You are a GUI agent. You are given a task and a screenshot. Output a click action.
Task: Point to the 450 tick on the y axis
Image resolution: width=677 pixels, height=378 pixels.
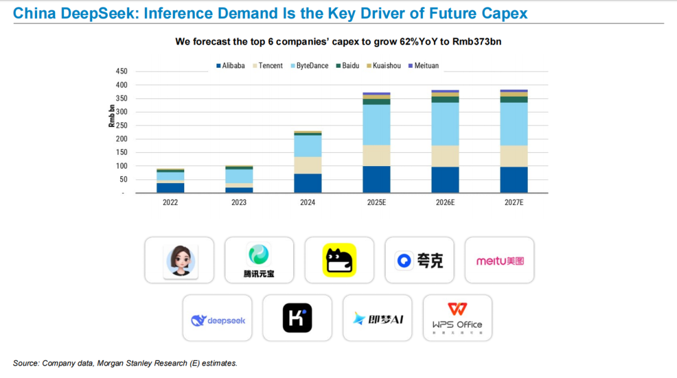(121, 71)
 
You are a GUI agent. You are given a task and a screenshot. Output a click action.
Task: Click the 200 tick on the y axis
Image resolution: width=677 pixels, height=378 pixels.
(121, 139)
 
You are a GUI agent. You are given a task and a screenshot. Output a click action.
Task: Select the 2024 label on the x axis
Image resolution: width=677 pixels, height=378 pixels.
(308, 202)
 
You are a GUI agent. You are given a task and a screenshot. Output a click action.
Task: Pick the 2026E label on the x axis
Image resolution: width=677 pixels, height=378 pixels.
(445, 202)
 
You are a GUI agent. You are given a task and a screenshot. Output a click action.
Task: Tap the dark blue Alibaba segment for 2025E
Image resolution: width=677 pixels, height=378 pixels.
(376, 179)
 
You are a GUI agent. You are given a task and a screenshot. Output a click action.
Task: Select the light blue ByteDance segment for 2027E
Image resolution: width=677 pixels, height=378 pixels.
(514, 124)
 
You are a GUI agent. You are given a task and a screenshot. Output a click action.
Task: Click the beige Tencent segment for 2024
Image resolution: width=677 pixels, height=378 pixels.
(308, 165)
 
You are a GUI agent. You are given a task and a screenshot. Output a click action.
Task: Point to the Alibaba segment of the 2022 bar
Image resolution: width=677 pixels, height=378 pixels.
(171, 187)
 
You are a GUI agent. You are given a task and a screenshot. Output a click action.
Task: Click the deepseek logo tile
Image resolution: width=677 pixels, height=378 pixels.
(218, 320)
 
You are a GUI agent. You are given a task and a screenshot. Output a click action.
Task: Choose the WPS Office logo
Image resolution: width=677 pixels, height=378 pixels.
(457, 318)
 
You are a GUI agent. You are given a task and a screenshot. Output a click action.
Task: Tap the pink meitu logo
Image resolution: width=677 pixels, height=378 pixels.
(500, 260)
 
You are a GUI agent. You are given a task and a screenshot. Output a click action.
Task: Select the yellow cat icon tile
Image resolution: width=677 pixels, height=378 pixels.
(339, 260)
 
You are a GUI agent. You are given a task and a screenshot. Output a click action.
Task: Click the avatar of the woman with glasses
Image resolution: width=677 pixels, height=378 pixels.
(180, 260)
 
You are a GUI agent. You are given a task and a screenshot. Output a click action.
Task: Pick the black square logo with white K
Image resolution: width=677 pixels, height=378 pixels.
(297, 318)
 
